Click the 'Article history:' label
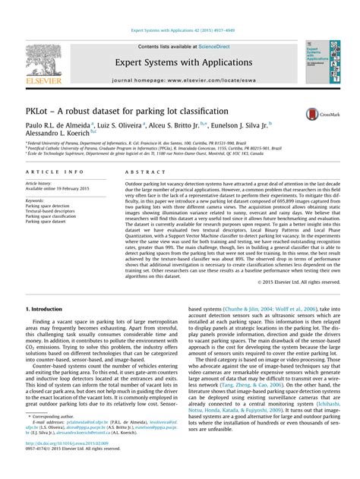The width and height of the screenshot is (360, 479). coord(39,184)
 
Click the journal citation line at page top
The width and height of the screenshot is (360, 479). coord(179,31)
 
